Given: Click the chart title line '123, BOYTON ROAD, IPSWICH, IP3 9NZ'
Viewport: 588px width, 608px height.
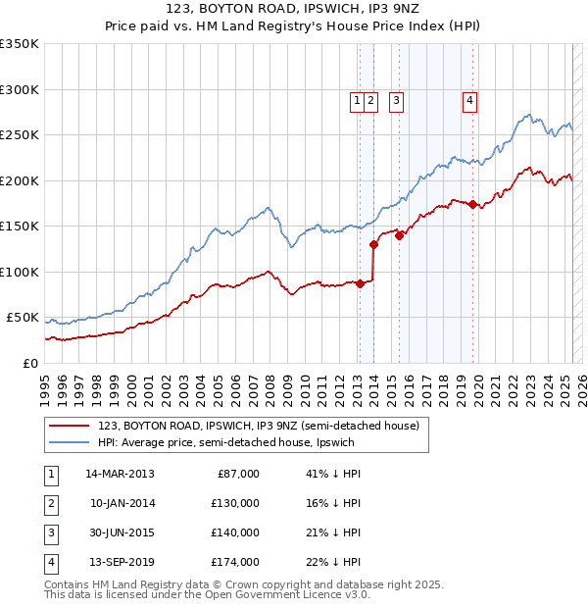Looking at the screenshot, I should pos(294,11).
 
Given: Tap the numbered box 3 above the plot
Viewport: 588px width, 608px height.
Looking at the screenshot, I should pos(397,99).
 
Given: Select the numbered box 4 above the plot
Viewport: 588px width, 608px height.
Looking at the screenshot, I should pos(470,99).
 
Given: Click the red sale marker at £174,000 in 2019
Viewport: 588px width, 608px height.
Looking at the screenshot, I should pos(472,205).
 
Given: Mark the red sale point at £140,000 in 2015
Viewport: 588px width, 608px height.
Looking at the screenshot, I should pos(399,235).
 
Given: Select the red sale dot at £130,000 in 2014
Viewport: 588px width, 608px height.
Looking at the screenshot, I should pos(373,244).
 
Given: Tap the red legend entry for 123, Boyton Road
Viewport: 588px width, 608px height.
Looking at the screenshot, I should pos(259,426).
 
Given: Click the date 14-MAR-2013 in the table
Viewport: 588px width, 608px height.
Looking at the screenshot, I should pos(120,474).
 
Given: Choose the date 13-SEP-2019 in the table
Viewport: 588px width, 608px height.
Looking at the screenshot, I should pos(120,562).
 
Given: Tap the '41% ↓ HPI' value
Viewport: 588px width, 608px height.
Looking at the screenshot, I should pos(333,474).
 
